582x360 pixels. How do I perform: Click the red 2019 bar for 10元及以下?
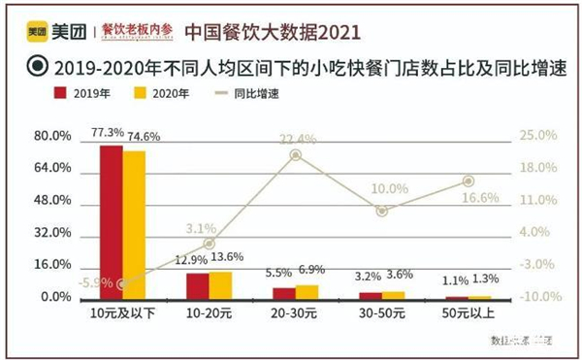point(112,222)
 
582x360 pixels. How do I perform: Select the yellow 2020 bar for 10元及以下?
point(134,225)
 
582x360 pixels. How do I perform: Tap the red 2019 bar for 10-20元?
point(197,286)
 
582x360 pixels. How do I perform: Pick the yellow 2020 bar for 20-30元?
point(307,292)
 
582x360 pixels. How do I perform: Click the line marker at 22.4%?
point(296,155)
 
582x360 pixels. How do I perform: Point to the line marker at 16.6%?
point(469,181)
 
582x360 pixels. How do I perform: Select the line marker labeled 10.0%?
point(382,211)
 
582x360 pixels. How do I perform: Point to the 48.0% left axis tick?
point(52,200)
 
